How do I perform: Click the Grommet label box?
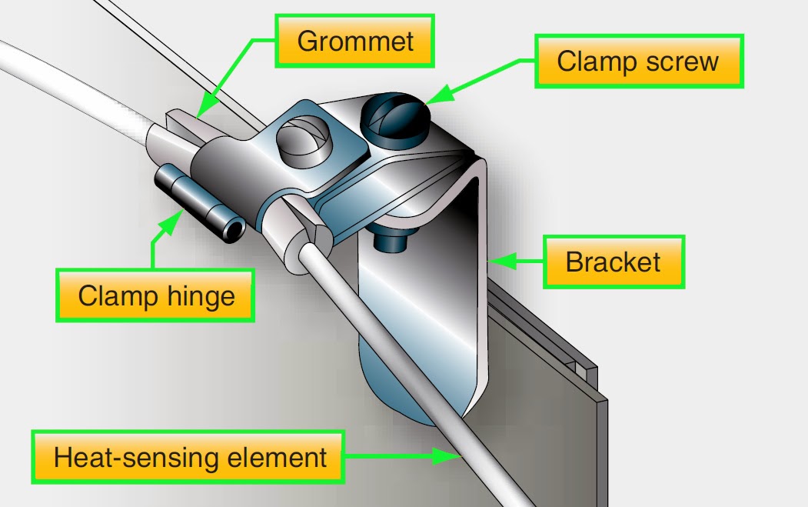point(354,41)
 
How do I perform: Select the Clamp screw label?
point(637,61)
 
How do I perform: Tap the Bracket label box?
point(613,262)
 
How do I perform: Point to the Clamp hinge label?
point(156,295)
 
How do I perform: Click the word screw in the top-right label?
point(683,61)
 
